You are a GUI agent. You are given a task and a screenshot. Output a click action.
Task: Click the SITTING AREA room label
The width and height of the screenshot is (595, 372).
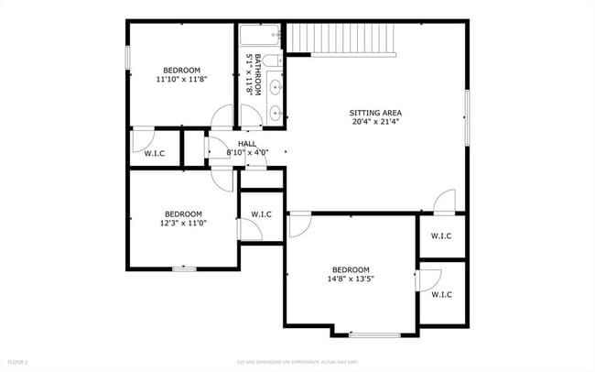point(375,113)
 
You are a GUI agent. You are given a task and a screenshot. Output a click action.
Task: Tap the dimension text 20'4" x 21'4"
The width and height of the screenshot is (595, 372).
point(375,122)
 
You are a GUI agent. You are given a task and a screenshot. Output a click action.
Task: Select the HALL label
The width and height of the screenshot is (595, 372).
point(247,144)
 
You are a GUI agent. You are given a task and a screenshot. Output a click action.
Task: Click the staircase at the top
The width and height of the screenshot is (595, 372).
point(341,39)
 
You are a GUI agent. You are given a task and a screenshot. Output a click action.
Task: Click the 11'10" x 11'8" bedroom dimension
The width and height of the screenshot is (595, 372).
point(182,80)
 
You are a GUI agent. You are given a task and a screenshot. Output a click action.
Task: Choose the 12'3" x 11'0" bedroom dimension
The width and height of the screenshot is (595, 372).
point(182,223)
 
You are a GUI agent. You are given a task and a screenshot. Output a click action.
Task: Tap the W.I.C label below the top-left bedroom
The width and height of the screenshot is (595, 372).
point(155,153)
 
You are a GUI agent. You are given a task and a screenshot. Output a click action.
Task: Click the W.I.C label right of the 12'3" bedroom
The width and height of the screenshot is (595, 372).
point(261,214)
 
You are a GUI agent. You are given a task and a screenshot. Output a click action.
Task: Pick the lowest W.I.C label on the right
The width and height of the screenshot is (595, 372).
point(442,294)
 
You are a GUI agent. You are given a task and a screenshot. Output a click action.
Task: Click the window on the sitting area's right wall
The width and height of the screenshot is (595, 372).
point(468,117)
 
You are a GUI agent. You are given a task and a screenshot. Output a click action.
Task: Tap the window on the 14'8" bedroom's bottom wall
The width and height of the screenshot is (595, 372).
point(374,334)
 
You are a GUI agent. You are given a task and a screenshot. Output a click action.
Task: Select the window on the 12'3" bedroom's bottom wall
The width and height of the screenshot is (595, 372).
point(184,268)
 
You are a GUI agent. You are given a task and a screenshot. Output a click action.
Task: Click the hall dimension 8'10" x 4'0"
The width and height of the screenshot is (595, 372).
point(247,152)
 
